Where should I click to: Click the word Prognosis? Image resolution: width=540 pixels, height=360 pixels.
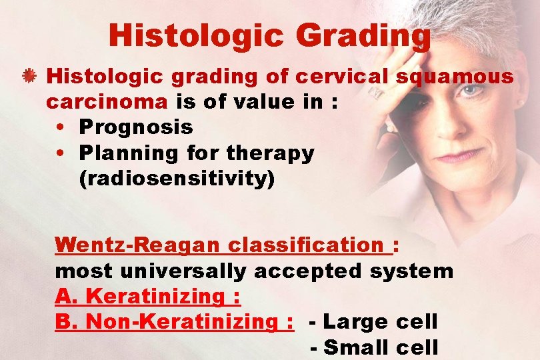pos(135,127)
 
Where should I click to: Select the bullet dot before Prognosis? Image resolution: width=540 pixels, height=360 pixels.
pos(61,127)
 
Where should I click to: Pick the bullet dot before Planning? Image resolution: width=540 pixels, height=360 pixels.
pos(61,153)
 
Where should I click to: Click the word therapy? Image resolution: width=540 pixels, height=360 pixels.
pos(270,153)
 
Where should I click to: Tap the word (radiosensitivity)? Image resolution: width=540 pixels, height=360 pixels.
pos(177,179)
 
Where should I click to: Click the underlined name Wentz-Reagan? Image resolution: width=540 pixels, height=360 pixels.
pos(137,245)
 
